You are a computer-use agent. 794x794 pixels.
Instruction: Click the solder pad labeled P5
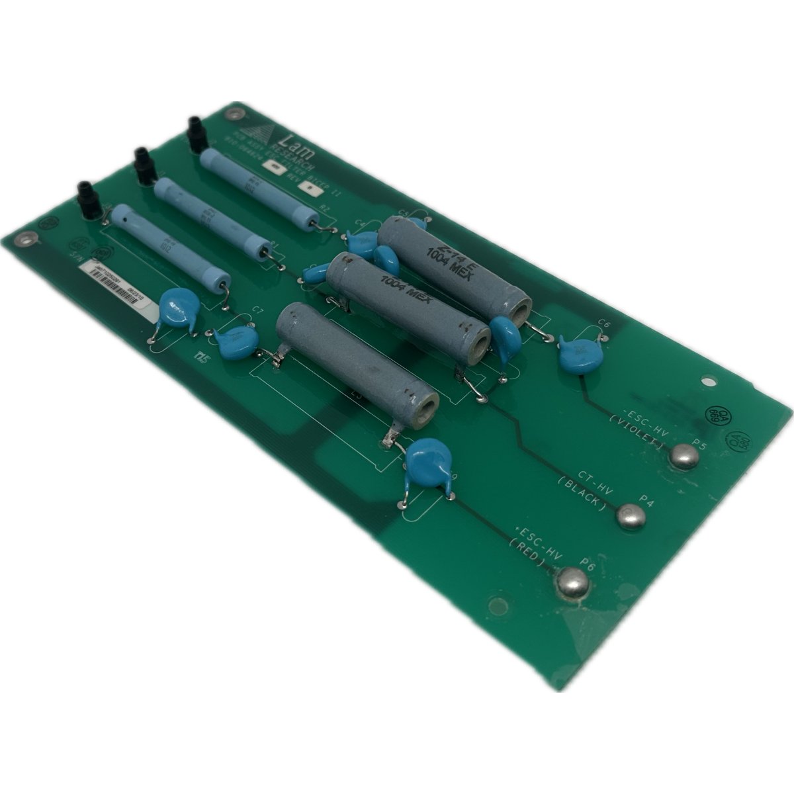[684, 455]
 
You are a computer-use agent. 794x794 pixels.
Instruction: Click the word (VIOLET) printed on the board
[637, 430]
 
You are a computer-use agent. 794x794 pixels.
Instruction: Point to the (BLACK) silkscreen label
[582, 495]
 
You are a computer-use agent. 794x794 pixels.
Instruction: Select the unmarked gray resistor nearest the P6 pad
[357, 357]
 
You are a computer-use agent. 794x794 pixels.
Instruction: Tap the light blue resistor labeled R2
[259, 187]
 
